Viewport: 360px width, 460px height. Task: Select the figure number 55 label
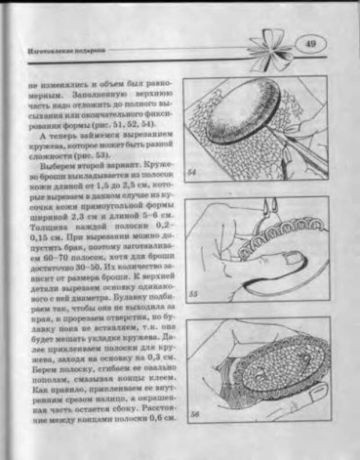coord(193,294)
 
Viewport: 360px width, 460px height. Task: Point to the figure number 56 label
coord(195,415)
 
